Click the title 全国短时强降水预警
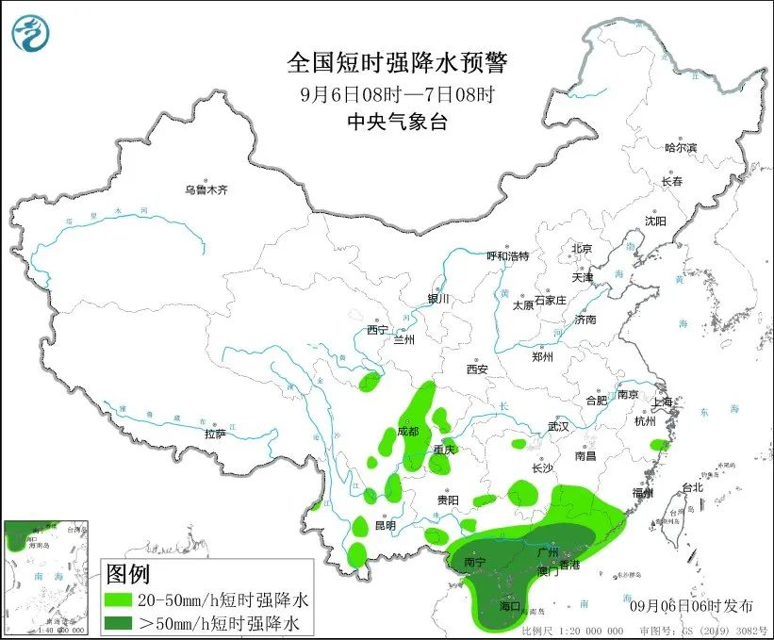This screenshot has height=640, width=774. tap(396, 63)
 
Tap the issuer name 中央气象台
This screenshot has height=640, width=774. tap(396, 121)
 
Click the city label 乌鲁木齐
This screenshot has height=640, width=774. tap(206, 189)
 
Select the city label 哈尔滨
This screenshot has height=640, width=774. tap(680, 148)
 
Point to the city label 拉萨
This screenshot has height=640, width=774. tap(215, 435)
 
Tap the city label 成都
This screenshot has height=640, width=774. tap(408, 431)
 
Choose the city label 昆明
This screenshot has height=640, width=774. tap(385, 525)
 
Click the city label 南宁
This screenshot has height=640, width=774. tap(475, 562)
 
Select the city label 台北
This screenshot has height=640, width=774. tap(692, 488)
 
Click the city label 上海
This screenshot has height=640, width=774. tap(664, 402)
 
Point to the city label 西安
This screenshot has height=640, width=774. tap(477, 369)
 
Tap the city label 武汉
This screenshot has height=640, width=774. tap(558, 426)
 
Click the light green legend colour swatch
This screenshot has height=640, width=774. tap(120, 599)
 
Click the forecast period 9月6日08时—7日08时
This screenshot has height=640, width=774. tap(396, 93)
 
